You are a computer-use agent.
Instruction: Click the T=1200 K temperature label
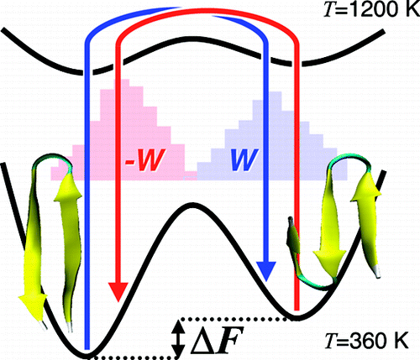[x=370, y=10]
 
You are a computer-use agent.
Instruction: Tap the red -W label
[x=144, y=159]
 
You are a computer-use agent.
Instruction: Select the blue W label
[x=244, y=159]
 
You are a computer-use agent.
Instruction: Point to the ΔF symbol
[x=216, y=340]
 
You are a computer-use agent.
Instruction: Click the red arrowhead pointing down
[x=118, y=292]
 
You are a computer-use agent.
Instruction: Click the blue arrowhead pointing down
[x=266, y=271]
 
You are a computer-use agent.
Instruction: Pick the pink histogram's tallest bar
[x=122, y=129]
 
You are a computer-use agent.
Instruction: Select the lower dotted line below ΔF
[x=134, y=357]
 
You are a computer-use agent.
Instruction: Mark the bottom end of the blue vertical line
[x=87, y=349]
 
